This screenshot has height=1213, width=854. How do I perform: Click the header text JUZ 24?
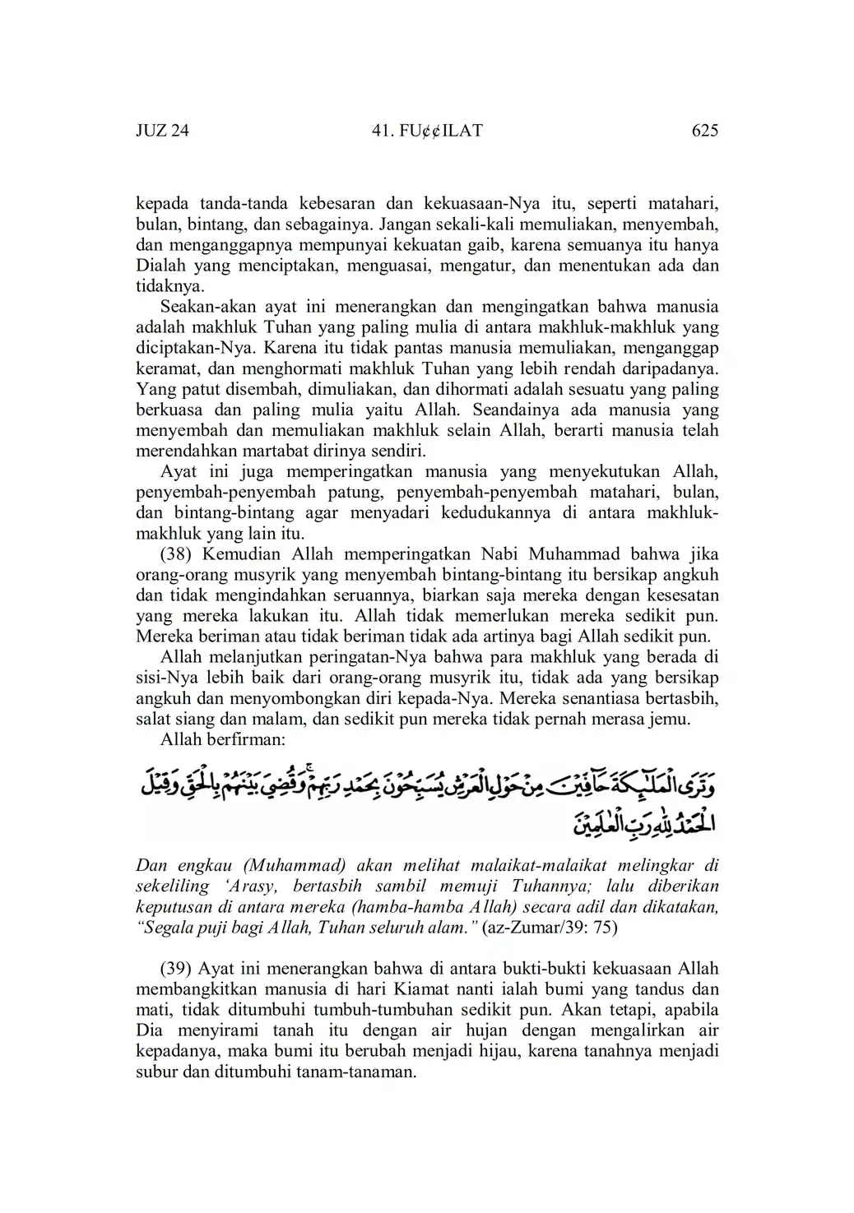coord(162,131)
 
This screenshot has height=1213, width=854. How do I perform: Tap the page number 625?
coord(705,131)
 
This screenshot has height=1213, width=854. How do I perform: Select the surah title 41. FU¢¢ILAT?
coord(427,131)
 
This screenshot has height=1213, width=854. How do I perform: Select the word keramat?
coord(162,368)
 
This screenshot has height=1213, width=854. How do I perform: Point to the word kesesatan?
coord(684,595)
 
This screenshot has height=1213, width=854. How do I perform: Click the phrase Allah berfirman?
coord(222,739)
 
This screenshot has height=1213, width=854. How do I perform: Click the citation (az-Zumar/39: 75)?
coord(551,927)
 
